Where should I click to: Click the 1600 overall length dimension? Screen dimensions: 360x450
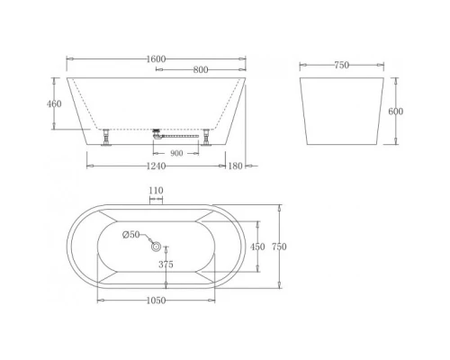pyautogui.click(x=156, y=59)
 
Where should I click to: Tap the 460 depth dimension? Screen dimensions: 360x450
pyautogui.click(x=54, y=104)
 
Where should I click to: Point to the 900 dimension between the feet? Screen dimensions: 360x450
pyautogui.click(x=176, y=154)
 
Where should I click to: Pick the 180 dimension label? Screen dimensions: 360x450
pyautogui.click(x=236, y=166)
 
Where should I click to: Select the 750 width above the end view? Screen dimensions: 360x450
pyautogui.click(x=341, y=65)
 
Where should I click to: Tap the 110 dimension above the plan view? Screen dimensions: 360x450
pyautogui.click(x=157, y=191)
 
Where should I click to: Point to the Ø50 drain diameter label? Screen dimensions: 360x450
pyautogui.click(x=132, y=236)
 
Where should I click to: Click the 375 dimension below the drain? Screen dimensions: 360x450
pyautogui.click(x=166, y=265)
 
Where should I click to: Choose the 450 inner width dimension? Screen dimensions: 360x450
pyautogui.click(x=256, y=247)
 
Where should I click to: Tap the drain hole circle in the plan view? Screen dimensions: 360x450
pyautogui.click(x=157, y=246)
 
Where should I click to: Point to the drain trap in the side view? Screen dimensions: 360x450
pyautogui.click(x=158, y=134)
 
